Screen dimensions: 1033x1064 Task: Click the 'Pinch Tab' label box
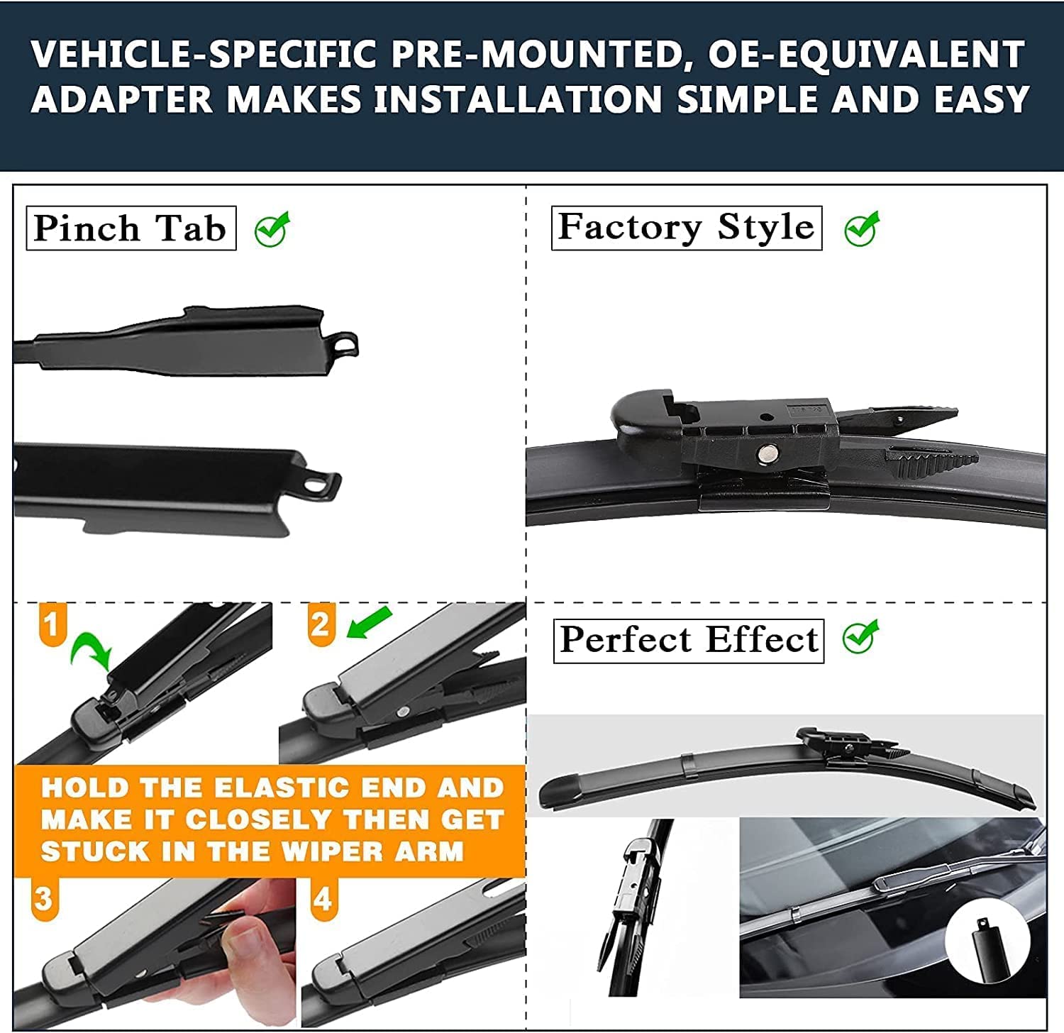tap(131, 228)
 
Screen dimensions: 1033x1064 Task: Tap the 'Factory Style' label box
tap(686, 228)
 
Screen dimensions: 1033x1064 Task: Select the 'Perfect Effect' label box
tap(688, 641)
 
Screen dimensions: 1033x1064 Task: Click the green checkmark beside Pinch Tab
tap(272, 228)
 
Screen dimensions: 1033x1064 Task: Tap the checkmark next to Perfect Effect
tap(860, 637)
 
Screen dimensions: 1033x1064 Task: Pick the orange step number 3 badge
tap(44, 899)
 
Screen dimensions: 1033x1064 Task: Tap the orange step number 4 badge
tap(323, 900)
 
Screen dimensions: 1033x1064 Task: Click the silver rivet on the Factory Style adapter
tap(766, 453)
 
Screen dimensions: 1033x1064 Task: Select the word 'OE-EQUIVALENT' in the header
tap(866, 55)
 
